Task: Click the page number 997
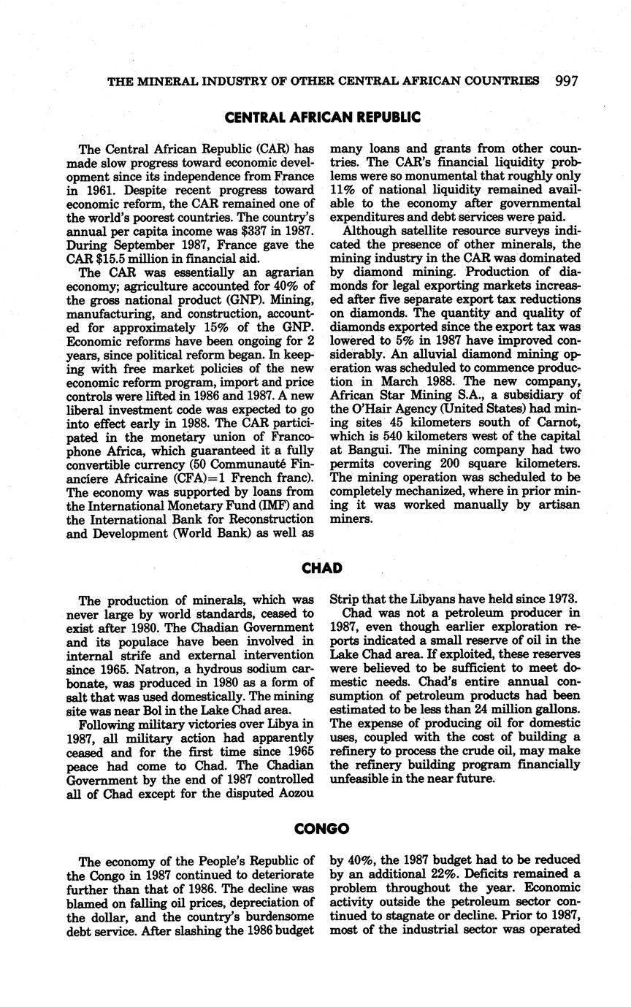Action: [567, 81]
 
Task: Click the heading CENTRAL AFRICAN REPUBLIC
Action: [323, 117]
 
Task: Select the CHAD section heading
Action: [322, 568]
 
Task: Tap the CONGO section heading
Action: [322, 829]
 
